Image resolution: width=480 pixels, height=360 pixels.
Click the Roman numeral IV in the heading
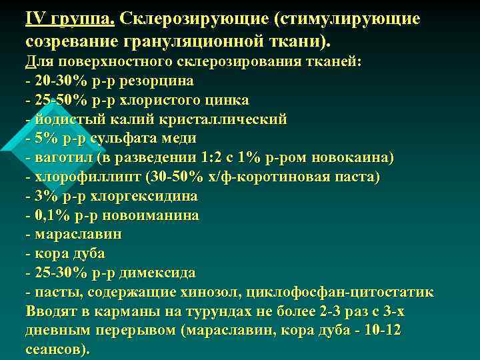tap(34, 17)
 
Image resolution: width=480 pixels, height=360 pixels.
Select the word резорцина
tap(161, 81)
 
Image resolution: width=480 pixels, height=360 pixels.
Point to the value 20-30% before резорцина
tap(58, 81)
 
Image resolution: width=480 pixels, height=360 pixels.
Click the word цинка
tap(226, 100)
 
